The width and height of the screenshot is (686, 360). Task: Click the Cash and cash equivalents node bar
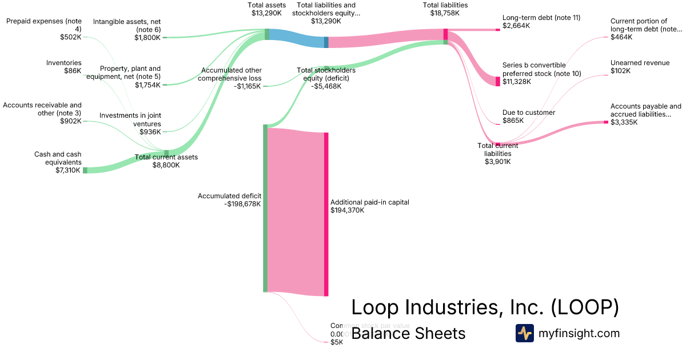85,170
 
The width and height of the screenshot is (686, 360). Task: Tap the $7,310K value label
69,170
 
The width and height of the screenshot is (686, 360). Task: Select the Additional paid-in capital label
370,202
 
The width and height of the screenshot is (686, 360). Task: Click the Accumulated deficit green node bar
265,208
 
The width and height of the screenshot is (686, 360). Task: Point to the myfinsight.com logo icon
524,333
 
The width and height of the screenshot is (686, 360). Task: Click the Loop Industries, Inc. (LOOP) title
485,307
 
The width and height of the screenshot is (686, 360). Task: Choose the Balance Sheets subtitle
408,333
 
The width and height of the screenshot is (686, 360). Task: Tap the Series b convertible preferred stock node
497,81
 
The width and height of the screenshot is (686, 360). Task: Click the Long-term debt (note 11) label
541,18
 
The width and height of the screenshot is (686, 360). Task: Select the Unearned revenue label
640,63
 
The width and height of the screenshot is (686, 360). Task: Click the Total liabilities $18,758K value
445,13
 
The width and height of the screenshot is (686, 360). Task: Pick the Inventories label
64,63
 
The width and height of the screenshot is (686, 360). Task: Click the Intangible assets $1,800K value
147,38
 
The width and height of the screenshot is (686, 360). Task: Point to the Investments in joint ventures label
130,119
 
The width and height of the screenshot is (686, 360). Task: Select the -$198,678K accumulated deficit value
242,204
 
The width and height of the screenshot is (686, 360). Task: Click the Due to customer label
529,113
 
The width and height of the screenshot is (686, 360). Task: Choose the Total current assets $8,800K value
166,165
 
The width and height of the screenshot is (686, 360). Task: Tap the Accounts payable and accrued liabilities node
606,122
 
